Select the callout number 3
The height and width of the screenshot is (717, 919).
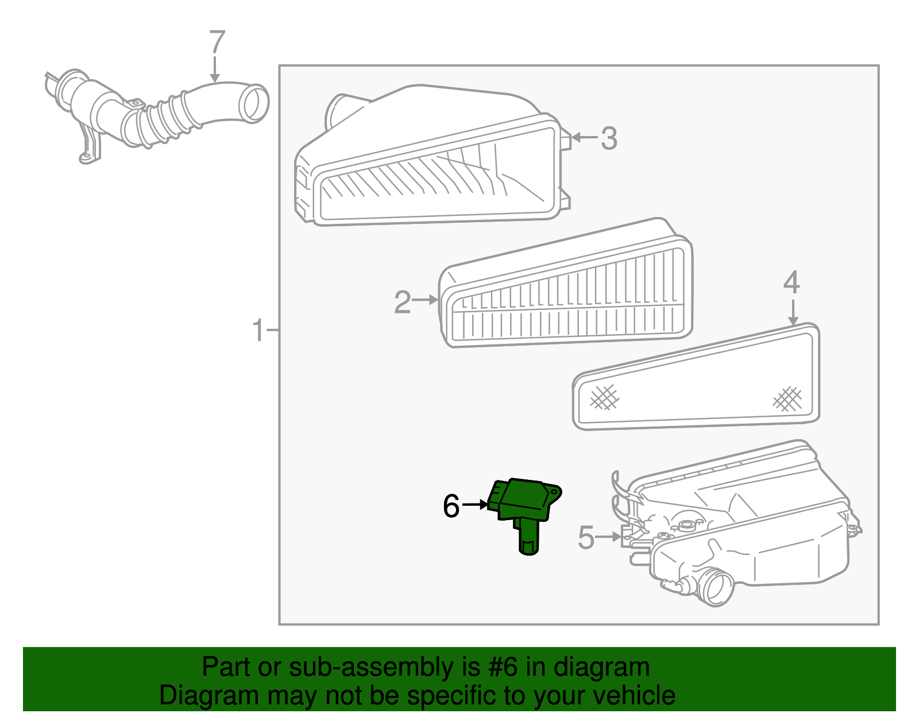(x=608, y=138)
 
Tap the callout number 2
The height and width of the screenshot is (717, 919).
(x=402, y=302)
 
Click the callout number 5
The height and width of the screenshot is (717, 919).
(x=586, y=537)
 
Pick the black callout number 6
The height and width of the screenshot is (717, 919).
(x=451, y=506)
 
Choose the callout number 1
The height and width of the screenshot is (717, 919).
(x=258, y=331)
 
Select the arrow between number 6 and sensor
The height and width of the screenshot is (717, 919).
(x=474, y=505)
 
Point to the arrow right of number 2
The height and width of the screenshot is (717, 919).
(x=426, y=300)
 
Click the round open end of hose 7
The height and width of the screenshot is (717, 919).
(x=253, y=103)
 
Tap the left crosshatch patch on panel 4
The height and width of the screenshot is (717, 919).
(x=604, y=397)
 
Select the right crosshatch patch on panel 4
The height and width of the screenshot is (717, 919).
(x=787, y=398)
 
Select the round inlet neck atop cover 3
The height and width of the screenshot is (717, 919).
(x=339, y=112)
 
